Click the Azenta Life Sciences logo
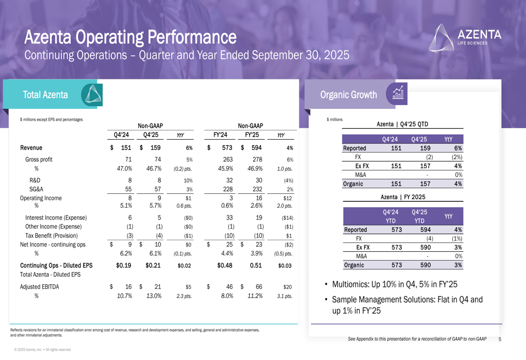tap(466, 36)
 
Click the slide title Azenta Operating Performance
tap(130, 37)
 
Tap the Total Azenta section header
tap(45, 95)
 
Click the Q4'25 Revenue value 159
tap(155, 148)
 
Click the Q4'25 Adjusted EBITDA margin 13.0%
tap(151, 296)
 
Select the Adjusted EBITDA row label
tap(39, 287)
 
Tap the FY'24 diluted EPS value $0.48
tap(227, 265)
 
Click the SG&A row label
tap(36, 189)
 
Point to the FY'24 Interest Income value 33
tap(229, 217)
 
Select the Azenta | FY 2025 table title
tap(402, 197)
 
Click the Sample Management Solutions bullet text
tap(407, 305)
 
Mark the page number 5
tap(499, 340)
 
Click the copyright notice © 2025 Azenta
tap(43, 349)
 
